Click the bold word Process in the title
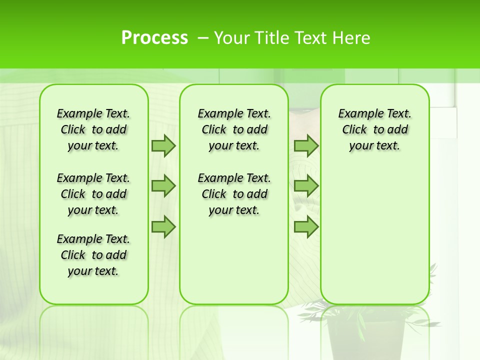pos(154,38)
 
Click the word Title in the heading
pos(272,38)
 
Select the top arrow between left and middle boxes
pos(163,146)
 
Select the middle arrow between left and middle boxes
pos(163,186)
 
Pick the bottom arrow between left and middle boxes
pos(163,227)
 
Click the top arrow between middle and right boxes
pos(306,146)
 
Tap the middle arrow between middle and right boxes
pos(306,186)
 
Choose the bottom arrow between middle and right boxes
pos(306,227)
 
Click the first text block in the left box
pos(93,129)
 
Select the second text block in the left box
pos(93,194)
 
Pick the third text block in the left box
pos(93,255)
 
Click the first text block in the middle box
pos(234,129)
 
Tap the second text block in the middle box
pos(234,194)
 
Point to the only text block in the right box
pos(375,129)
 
